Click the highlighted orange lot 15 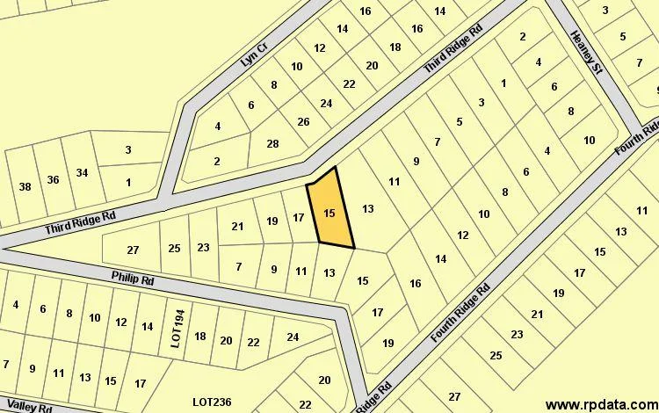[x=329, y=212]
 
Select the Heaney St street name [x=583, y=52]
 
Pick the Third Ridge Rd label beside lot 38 [x=80, y=223]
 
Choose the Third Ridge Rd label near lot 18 [x=453, y=48]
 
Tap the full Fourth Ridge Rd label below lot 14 [x=460, y=314]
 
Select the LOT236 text [x=212, y=402]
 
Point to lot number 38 [x=25, y=185]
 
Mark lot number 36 [x=53, y=179]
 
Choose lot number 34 [x=82, y=172]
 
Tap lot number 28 [x=272, y=144]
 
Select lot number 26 [x=303, y=122]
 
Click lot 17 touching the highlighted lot [x=299, y=218]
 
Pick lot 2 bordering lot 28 [x=217, y=161]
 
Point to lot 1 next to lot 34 [x=128, y=183]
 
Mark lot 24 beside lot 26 [x=326, y=103]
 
